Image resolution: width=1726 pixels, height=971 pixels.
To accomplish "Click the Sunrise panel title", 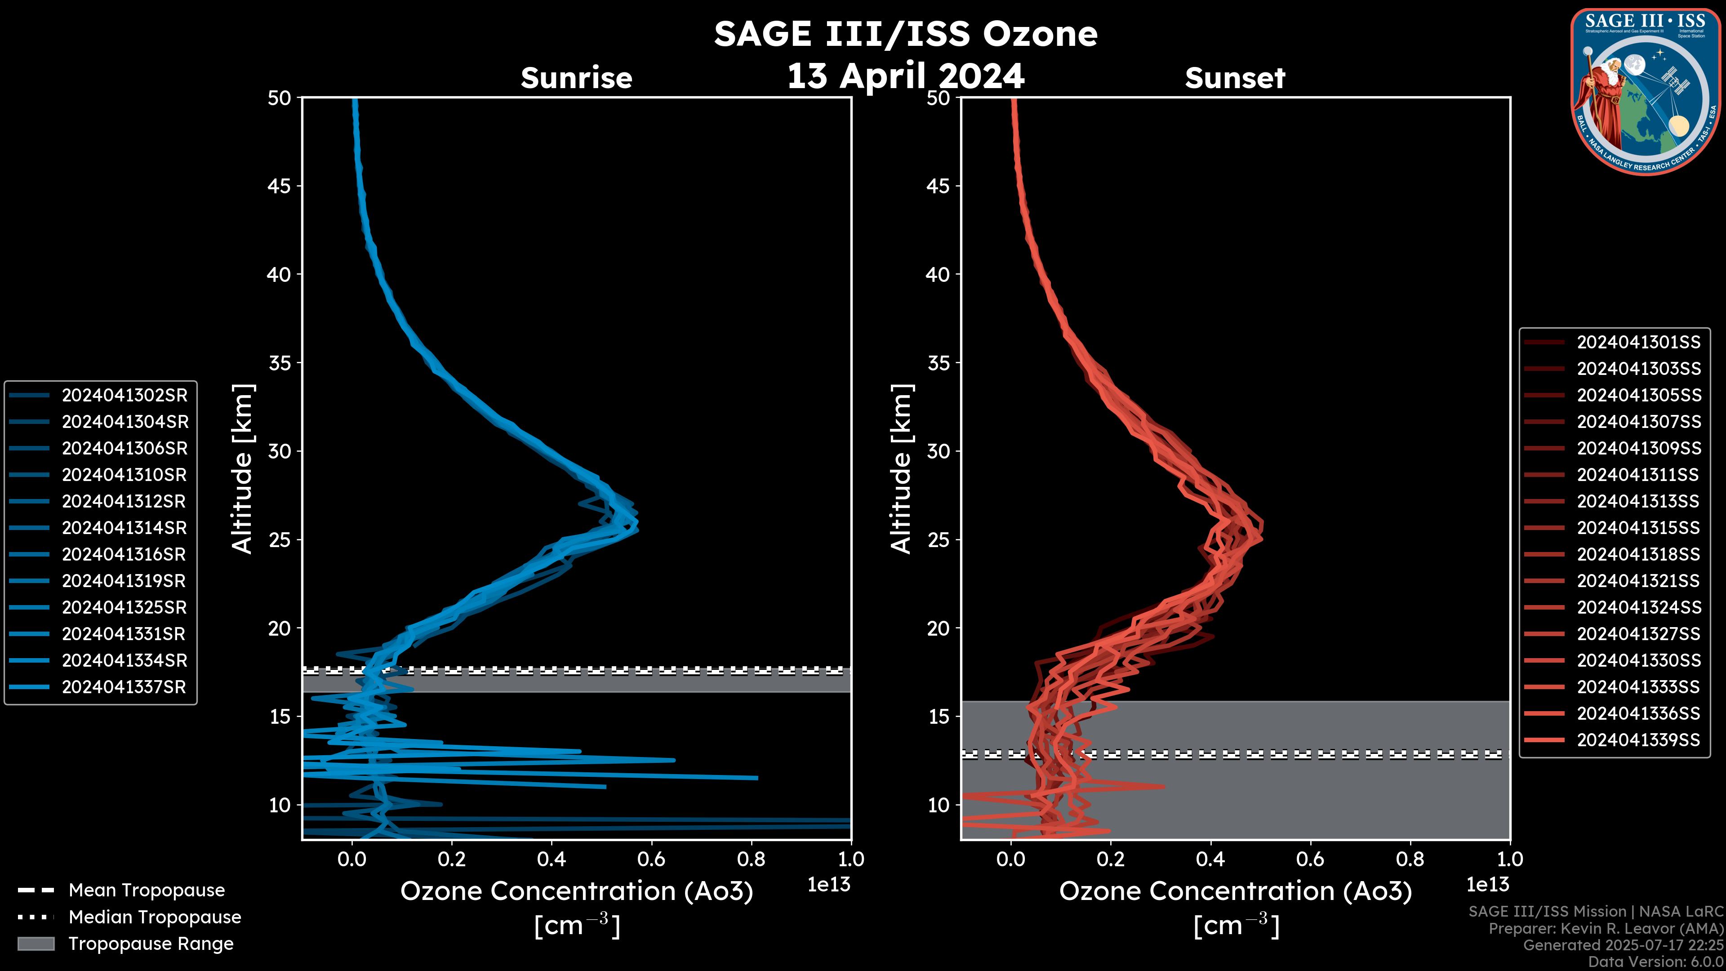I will pyautogui.click(x=576, y=78).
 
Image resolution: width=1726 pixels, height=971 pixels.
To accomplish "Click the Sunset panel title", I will pyautogui.click(x=1235, y=78).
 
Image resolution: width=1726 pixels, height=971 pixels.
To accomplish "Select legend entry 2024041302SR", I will pyautogui.click(x=125, y=396).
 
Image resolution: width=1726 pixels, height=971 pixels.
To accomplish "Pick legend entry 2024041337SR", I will pyautogui.click(x=124, y=687).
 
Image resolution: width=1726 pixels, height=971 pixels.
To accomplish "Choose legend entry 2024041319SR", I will pyautogui.click(x=124, y=581).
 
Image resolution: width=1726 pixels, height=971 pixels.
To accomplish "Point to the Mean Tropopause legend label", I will pyautogui.click(x=147, y=890).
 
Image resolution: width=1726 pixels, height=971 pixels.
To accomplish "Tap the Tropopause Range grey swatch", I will pyautogui.click(x=36, y=944).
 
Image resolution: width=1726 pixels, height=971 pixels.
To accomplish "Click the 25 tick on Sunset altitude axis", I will pyautogui.click(x=938, y=539).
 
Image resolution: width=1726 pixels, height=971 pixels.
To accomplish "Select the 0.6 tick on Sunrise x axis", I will pyautogui.click(x=651, y=859).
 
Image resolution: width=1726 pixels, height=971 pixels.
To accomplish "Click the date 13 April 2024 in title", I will pyautogui.click(x=905, y=76).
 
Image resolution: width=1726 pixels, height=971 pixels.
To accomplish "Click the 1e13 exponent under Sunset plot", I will pyautogui.click(x=1487, y=885).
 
